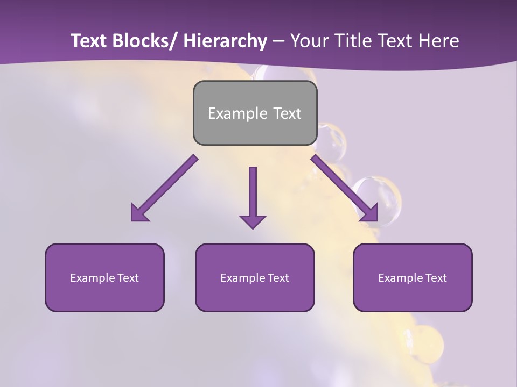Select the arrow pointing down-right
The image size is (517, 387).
tap(345, 188)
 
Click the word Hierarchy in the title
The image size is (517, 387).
tap(225, 41)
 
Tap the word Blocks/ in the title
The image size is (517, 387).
tap(144, 41)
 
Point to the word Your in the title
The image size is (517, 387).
tap(309, 41)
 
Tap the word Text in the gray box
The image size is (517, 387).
tap(287, 113)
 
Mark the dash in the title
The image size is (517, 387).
tap(278, 41)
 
